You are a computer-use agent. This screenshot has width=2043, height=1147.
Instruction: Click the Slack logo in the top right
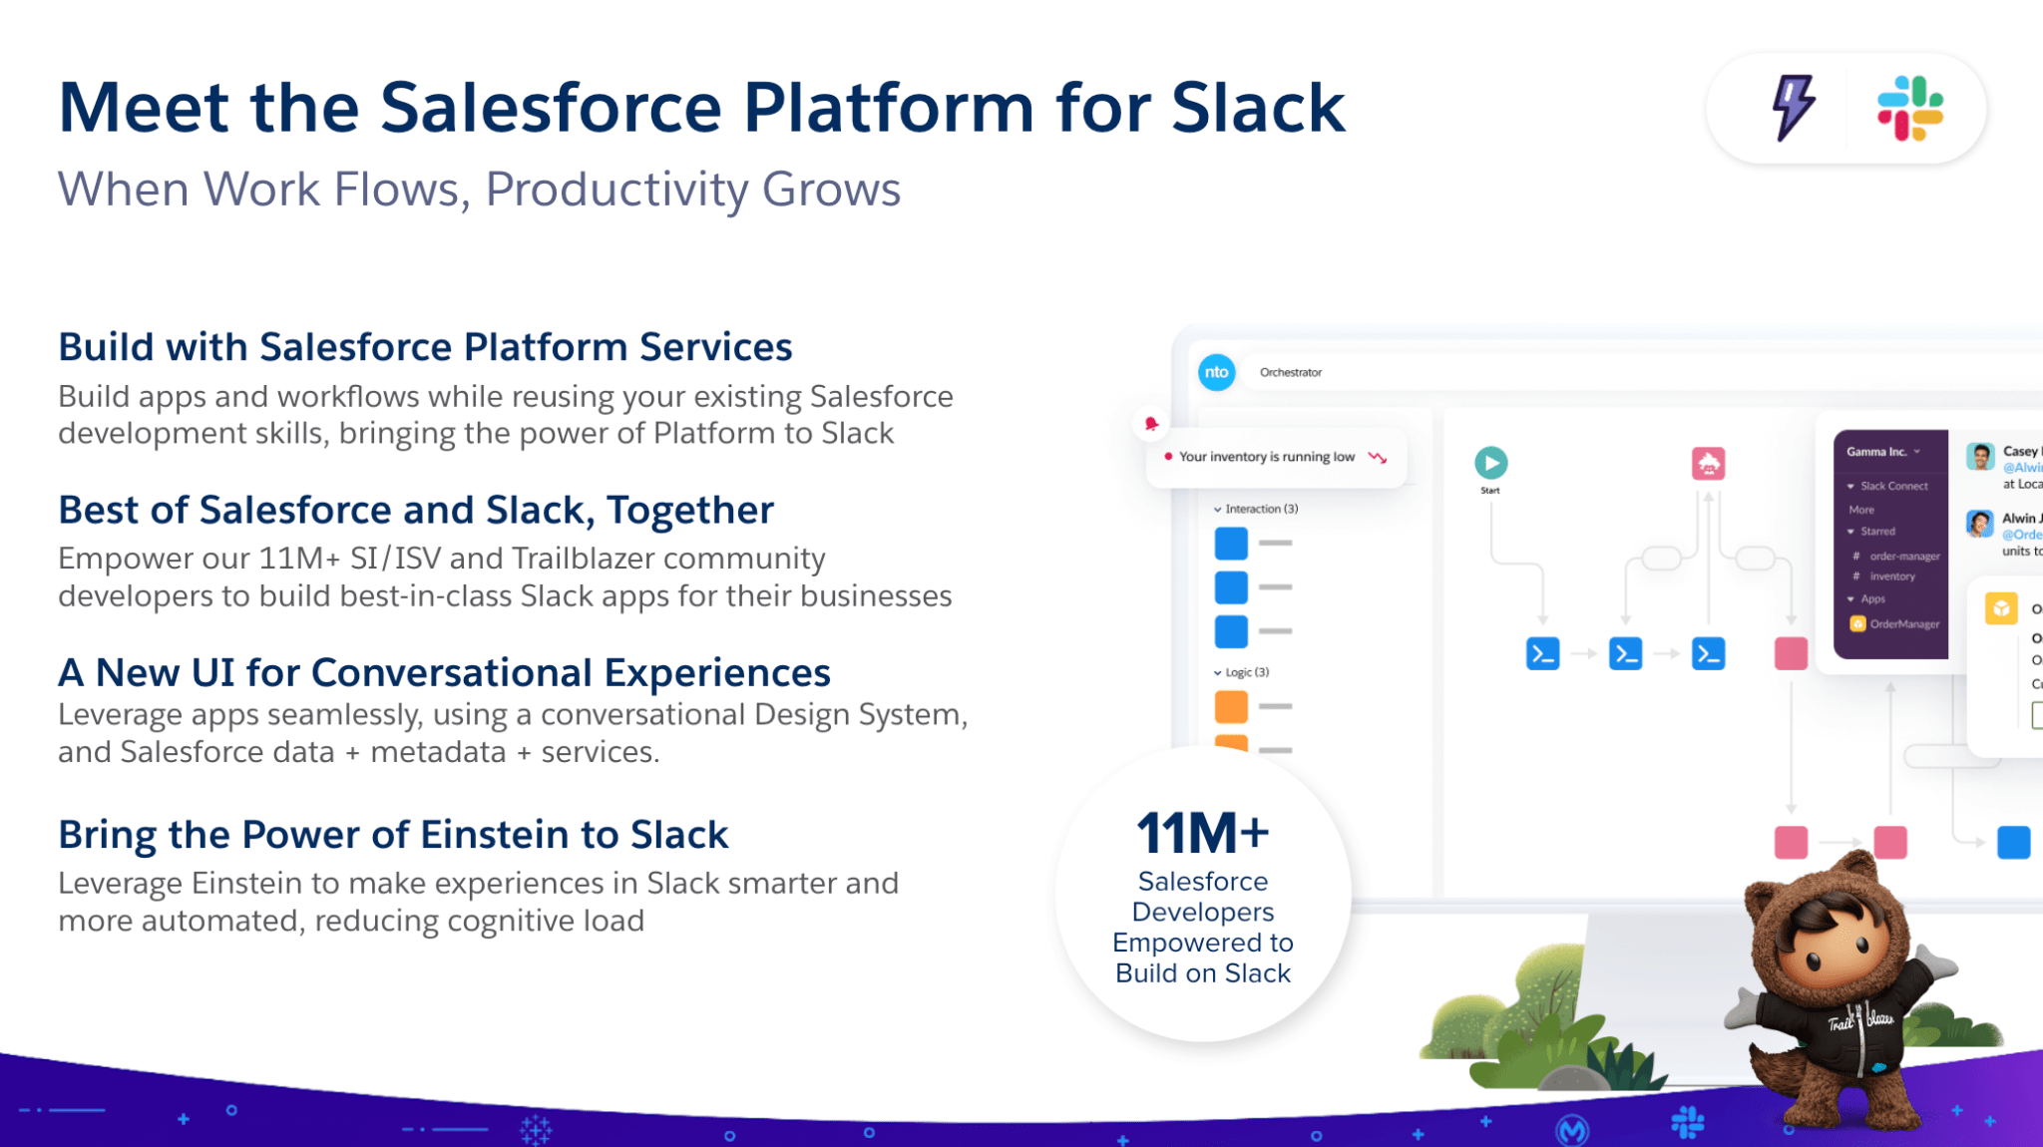click(x=1909, y=108)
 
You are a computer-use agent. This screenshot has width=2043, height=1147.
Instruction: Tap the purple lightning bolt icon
click(x=1794, y=107)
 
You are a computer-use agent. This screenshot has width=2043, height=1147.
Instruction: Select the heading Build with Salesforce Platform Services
click(x=425, y=347)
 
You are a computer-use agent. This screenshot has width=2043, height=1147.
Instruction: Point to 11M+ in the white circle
click(x=1202, y=833)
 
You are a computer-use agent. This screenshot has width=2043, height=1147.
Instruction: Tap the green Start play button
click(x=1490, y=463)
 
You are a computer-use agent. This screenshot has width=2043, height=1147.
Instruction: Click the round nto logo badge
click(x=1216, y=372)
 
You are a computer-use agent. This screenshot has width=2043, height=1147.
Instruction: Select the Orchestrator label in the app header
click(x=1290, y=372)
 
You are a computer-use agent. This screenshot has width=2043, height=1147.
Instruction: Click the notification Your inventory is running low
click(x=1267, y=457)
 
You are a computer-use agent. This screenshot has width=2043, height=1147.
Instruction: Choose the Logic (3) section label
click(x=1246, y=672)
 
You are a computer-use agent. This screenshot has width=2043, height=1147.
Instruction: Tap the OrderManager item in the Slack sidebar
click(x=1903, y=624)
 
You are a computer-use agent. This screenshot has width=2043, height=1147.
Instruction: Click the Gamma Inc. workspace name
click(x=1876, y=452)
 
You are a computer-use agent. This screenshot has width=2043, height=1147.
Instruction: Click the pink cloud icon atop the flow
click(x=1708, y=464)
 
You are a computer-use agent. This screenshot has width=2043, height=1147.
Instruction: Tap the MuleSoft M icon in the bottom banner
click(x=1572, y=1129)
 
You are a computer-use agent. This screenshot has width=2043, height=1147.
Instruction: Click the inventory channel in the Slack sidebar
click(x=1891, y=576)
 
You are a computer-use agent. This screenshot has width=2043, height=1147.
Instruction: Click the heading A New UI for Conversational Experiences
click(x=444, y=673)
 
